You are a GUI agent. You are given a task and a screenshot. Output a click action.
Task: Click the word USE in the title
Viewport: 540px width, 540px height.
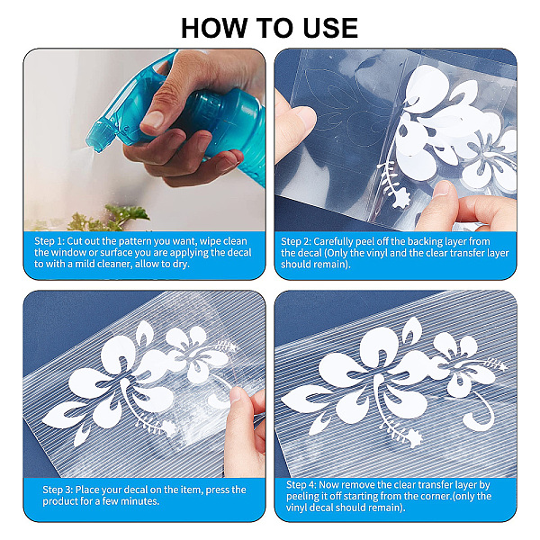(x=330, y=28)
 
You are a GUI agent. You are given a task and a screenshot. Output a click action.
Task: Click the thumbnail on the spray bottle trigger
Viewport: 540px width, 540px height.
(x=152, y=120)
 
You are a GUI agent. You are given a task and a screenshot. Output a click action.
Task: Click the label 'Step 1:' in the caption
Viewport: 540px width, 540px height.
(x=49, y=241)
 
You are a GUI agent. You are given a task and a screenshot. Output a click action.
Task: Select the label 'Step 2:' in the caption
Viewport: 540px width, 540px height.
(x=296, y=241)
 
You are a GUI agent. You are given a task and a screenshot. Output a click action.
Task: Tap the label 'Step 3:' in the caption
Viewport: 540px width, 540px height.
(x=58, y=490)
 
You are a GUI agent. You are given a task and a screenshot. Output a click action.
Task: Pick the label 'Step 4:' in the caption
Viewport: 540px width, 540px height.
(x=301, y=485)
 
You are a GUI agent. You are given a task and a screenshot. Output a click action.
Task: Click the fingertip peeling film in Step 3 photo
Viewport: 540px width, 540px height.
(x=237, y=395)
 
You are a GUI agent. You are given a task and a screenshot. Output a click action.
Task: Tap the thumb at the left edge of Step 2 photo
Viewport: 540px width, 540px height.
(x=295, y=125)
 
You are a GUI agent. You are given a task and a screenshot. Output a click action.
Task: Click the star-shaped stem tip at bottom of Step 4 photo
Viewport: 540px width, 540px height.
(x=414, y=440)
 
